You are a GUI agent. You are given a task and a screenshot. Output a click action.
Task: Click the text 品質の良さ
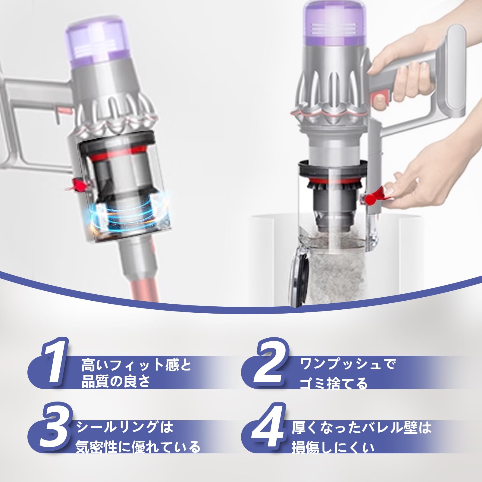116,382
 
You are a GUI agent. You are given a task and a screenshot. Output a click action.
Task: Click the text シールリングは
125,427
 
